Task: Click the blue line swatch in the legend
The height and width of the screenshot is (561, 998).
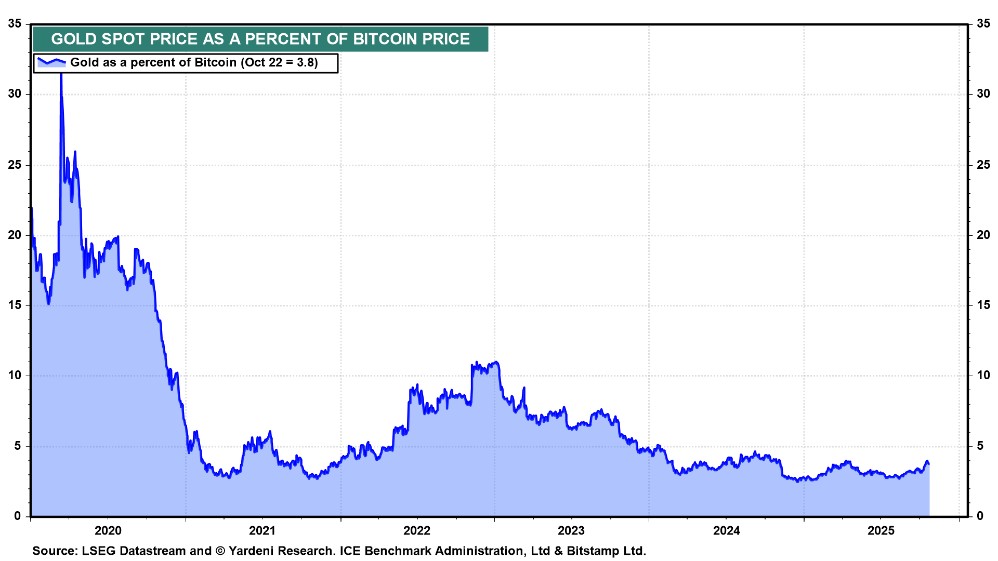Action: tap(51, 62)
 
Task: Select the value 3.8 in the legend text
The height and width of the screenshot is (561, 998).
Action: tap(305, 63)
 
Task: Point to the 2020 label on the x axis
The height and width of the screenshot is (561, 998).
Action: tap(108, 530)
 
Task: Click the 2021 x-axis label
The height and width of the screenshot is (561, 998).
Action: tap(262, 530)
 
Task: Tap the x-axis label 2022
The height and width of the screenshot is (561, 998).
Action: tap(417, 530)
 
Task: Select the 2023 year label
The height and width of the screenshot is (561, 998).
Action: tap(571, 530)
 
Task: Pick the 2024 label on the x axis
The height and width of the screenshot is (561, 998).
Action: tap(726, 530)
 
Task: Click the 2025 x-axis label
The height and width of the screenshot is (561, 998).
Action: tap(881, 530)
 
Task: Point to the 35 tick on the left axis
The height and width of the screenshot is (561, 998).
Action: tap(15, 24)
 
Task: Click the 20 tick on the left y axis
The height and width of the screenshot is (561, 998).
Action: tap(15, 235)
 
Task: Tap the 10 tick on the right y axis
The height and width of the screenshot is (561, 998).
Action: tap(983, 376)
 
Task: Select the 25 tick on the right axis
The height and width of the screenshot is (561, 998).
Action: tap(983, 165)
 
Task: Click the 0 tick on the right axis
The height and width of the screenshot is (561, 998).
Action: tap(980, 516)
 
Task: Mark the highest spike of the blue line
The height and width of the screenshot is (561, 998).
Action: tap(61, 74)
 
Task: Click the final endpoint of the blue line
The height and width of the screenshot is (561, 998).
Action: tap(928, 463)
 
